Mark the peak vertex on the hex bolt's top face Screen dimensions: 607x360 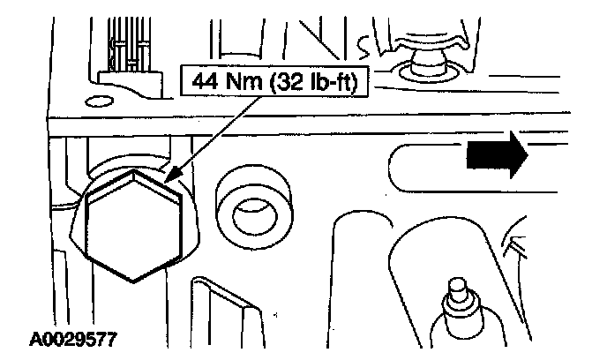[x=131, y=174]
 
